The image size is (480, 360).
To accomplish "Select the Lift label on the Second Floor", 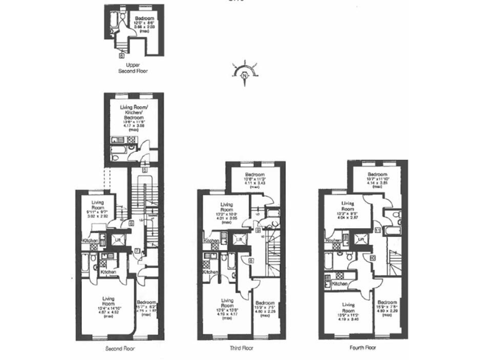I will pyautogui.click(x=117, y=239).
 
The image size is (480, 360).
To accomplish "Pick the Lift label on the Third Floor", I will pyautogui.click(x=238, y=239).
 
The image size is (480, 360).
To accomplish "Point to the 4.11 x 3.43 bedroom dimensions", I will pyautogui.click(x=254, y=183).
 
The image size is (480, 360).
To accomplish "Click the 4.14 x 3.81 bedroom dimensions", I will pyautogui.click(x=377, y=183).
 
